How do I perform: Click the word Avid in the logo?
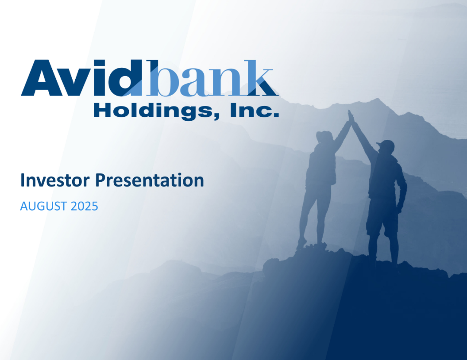74,79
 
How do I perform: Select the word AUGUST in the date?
44,206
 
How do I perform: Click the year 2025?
84,206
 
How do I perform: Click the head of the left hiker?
323,137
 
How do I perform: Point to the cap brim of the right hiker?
379,144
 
